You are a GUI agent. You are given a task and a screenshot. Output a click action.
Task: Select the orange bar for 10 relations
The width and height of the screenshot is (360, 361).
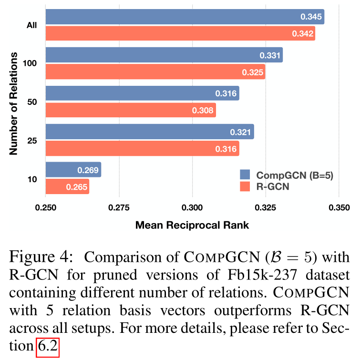coord(67,187)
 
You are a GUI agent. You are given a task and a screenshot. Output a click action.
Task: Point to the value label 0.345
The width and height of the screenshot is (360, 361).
coord(311,17)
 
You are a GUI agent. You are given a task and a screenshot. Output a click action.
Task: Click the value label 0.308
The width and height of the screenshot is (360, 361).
coord(203,110)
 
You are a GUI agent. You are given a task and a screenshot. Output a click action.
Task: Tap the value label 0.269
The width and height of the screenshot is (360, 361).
coord(88,170)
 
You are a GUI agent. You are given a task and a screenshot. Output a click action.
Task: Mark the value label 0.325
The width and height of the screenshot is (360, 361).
coord(252,72)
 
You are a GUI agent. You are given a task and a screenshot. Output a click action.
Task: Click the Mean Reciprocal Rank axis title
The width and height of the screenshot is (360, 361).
coord(192,225)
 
